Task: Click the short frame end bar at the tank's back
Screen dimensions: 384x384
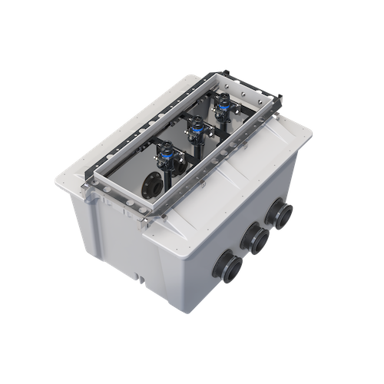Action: click(253, 84)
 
